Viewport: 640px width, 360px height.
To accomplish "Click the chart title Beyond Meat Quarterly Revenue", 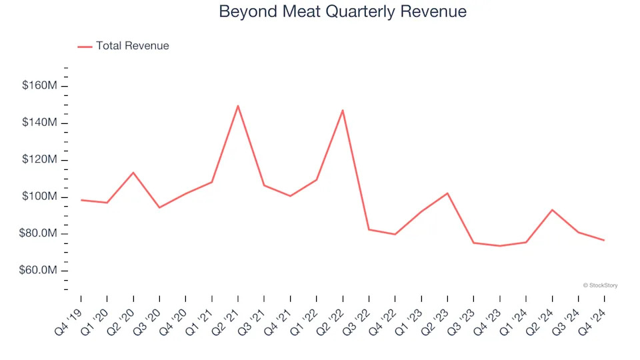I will click(343, 12).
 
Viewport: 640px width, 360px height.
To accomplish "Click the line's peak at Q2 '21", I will click(238, 105).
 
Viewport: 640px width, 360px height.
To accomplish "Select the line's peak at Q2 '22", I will click(343, 110).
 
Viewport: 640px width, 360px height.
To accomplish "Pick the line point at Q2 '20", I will click(133, 173).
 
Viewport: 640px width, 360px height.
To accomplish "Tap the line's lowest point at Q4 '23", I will click(499, 246).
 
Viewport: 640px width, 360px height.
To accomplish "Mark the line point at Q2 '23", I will click(447, 193).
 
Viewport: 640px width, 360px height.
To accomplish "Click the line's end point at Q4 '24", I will click(604, 240).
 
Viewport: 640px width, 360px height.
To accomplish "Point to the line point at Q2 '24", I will click(552, 210).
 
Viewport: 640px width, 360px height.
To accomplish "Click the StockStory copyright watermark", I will click(600, 285).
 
